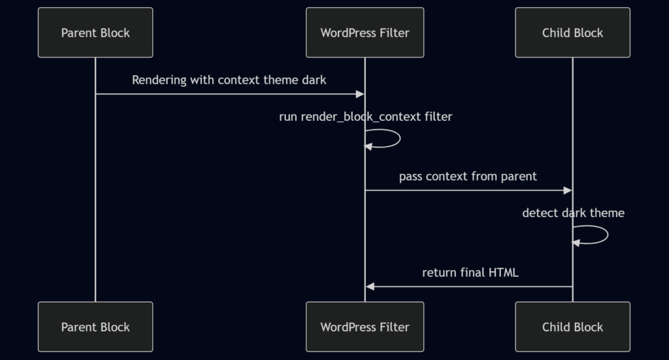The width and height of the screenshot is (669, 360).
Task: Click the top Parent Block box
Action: (x=95, y=33)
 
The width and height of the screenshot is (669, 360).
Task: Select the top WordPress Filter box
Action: (x=365, y=33)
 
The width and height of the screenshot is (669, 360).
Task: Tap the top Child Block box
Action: (x=572, y=33)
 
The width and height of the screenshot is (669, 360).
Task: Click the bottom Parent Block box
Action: (x=95, y=327)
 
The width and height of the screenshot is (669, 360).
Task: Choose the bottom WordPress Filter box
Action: (x=365, y=327)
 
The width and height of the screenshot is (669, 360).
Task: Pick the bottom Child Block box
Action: (x=572, y=327)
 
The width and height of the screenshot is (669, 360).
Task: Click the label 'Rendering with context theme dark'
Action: (x=229, y=80)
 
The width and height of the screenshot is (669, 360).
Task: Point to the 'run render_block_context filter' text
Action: (x=365, y=117)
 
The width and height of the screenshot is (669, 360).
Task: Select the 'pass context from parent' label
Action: (x=468, y=176)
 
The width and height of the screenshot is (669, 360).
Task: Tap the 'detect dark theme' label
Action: (x=573, y=213)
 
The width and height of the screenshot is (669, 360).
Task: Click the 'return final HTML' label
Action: (x=470, y=272)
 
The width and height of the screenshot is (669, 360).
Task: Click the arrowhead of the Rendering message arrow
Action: (x=360, y=94)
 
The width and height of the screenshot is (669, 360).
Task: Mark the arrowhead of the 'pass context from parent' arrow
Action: (x=568, y=190)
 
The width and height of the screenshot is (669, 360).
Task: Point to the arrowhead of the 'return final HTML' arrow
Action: (x=370, y=286)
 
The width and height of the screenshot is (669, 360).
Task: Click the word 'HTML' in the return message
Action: (x=503, y=272)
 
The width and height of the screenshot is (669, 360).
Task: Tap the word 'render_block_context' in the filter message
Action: (x=361, y=117)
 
